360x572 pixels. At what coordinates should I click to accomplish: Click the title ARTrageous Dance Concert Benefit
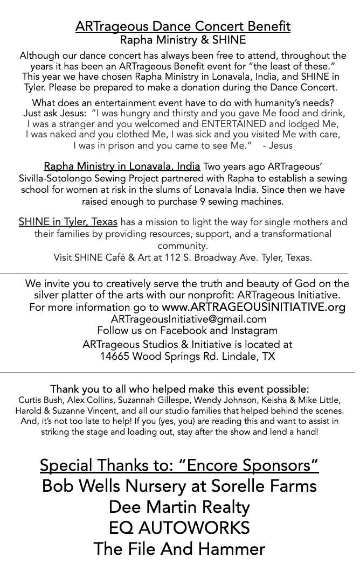183,26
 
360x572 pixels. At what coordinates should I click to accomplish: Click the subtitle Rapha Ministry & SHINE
183,40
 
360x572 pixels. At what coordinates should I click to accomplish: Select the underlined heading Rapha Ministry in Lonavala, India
122,166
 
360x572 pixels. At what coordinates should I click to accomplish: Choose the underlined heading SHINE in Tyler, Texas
68,222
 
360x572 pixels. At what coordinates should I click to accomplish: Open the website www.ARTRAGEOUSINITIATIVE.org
253,308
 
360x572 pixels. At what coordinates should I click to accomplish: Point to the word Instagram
253,331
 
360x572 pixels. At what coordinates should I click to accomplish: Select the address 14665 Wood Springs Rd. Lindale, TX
187,356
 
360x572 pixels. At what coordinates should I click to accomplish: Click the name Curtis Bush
40,400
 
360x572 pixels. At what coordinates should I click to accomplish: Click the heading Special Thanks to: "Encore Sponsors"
179,465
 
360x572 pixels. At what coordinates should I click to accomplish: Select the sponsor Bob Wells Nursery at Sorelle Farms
179,486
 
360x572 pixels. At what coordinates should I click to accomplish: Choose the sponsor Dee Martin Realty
179,507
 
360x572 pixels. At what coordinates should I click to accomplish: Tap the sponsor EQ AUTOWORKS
179,528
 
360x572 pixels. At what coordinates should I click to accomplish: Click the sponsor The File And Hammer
179,549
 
